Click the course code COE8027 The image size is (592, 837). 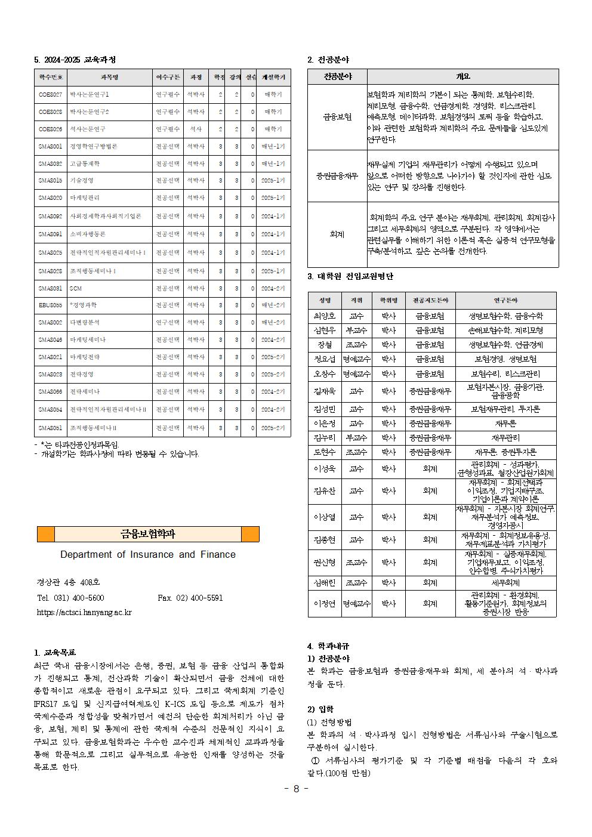coord(50,94)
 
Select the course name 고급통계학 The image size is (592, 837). coord(85,163)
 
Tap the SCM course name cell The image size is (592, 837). coord(76,288)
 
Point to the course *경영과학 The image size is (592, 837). coord(83,305)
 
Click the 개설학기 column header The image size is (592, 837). coord(273,78)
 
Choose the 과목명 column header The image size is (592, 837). coord(109,78)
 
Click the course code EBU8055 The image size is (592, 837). coord(50,305)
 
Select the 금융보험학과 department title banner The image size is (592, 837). coord(148,534)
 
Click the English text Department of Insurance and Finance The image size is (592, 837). coord(148,555)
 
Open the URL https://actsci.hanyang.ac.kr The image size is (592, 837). coord(84,612)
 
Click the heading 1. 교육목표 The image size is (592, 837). coord(55,653)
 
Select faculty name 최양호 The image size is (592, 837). coord(325,316)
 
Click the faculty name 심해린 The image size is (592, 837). coord(325,583)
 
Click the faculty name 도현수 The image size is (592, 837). coord(325,452)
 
